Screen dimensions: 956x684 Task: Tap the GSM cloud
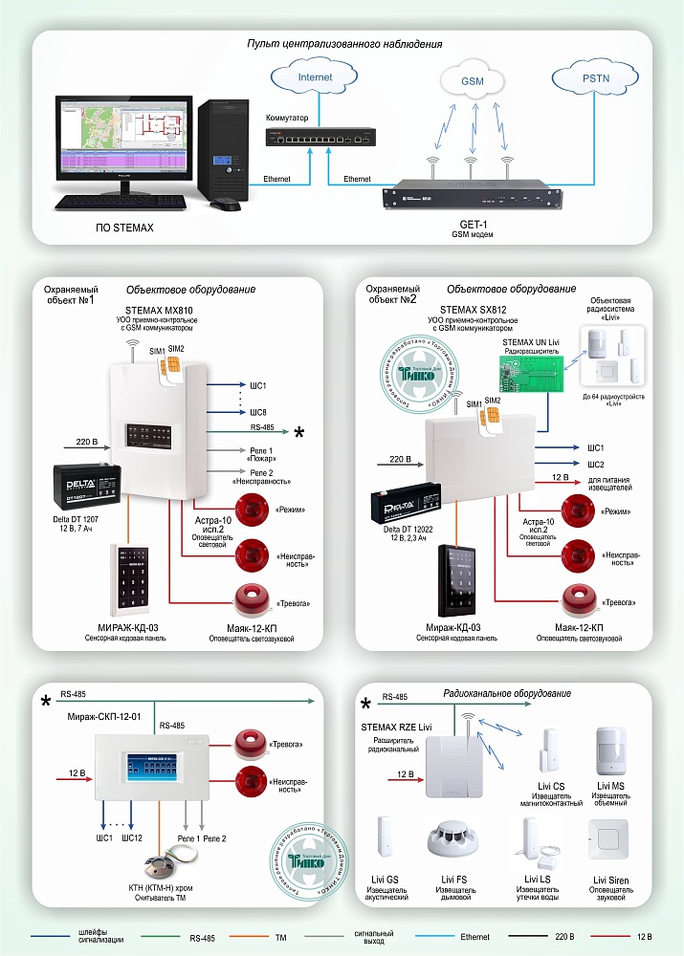point(473,82)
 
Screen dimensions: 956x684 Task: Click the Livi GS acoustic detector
point(386,841)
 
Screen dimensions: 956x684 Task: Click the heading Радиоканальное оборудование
point(507,693)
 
